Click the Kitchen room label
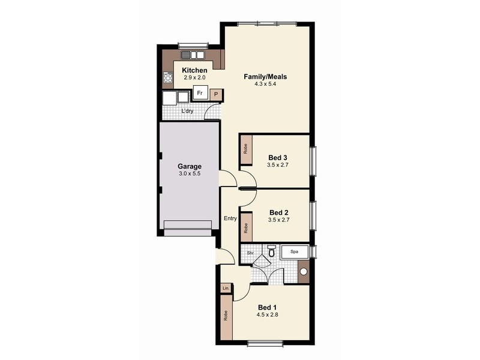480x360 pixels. point(194,71)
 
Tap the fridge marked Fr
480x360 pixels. point(199,94)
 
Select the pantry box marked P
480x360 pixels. point(217,95)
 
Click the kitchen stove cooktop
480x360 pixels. point(167,77)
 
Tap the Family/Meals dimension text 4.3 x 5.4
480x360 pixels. point(265,85)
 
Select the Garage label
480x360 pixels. point(189,166)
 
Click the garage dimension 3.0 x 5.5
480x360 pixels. point(189,174)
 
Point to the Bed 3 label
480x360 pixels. point(278,158)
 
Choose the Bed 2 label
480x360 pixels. point(279,212)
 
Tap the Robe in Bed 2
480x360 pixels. point(246,228)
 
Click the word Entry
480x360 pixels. point(230,218)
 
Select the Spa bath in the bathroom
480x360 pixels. point(294,252)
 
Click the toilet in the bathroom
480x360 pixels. point(271,252)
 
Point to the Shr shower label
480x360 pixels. point(250,253)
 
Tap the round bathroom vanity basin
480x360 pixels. point(304,272)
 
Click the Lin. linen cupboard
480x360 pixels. point(226,289)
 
